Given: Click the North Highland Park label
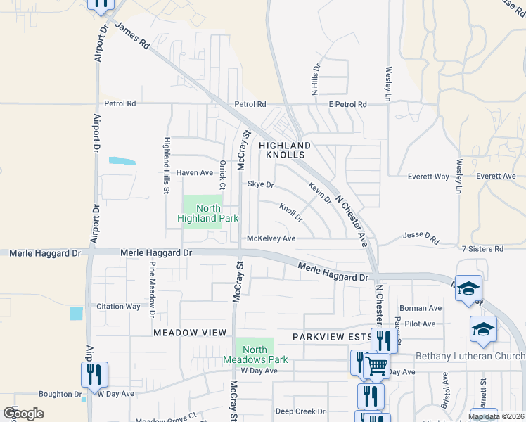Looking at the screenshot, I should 203,213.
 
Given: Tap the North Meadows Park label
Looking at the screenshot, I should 255,354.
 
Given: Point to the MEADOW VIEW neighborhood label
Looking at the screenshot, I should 190,332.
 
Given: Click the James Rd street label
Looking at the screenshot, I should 132,37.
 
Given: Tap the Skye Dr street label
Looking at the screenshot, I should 260,184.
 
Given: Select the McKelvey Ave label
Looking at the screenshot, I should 271,238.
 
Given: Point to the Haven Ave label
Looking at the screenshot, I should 194,172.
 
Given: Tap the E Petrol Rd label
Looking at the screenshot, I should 347,104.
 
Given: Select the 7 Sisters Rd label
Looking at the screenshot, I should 482,249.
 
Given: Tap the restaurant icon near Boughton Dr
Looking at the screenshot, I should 94,373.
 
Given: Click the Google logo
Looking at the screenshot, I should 23,413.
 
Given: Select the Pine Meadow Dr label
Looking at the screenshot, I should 152,286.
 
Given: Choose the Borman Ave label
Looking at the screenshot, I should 420,308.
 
